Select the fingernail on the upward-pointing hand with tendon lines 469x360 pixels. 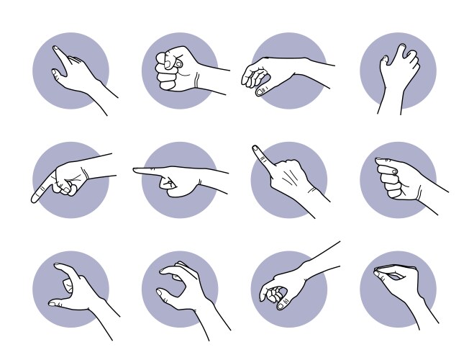point(255,149)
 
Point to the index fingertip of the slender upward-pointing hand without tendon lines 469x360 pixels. point(55,50)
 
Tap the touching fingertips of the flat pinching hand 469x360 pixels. point(377,271)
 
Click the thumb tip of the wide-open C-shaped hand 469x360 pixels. point(53,304)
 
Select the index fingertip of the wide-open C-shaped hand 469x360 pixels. point(58,267)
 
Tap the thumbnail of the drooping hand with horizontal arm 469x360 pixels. point(261,91)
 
